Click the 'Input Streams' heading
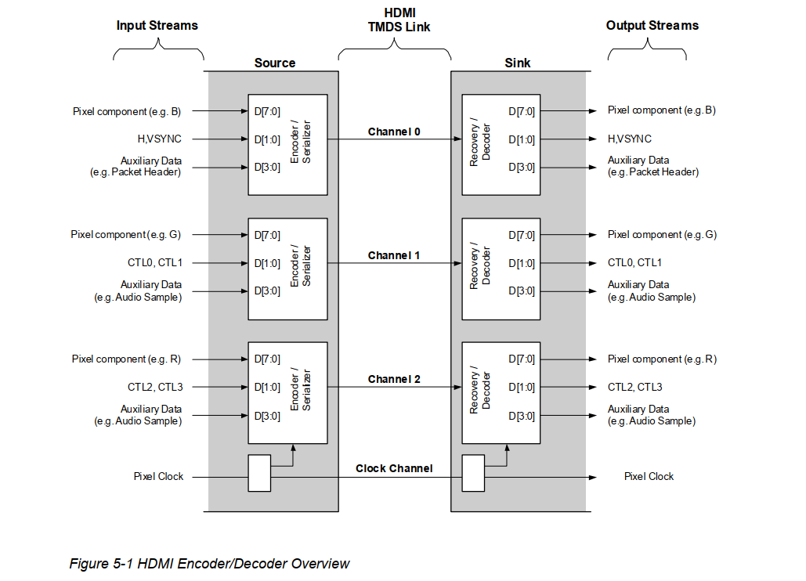[x=157, y=25]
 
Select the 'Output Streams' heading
[x=652, y=25]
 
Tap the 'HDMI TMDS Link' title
[x=399, y=20]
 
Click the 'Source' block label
[x=275, y=63]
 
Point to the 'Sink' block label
[x=517, y=63]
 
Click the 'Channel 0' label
[x=394, y=132]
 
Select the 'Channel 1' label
[x=394, y=255]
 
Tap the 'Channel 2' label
[x=394, y=379]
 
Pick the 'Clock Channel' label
[x=393, y=468]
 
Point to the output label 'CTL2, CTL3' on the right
[x=634, y=387]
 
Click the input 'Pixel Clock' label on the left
[x=158, y=476]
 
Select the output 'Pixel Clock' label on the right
[x=649, y=476]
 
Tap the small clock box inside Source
[x=259, y=473]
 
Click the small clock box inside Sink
[x=473, y=473]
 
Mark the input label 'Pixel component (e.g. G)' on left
[x=125, y=234]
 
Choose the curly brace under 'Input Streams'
[x=158, y=52]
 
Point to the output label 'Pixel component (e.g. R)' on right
[x=662, y=359]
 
